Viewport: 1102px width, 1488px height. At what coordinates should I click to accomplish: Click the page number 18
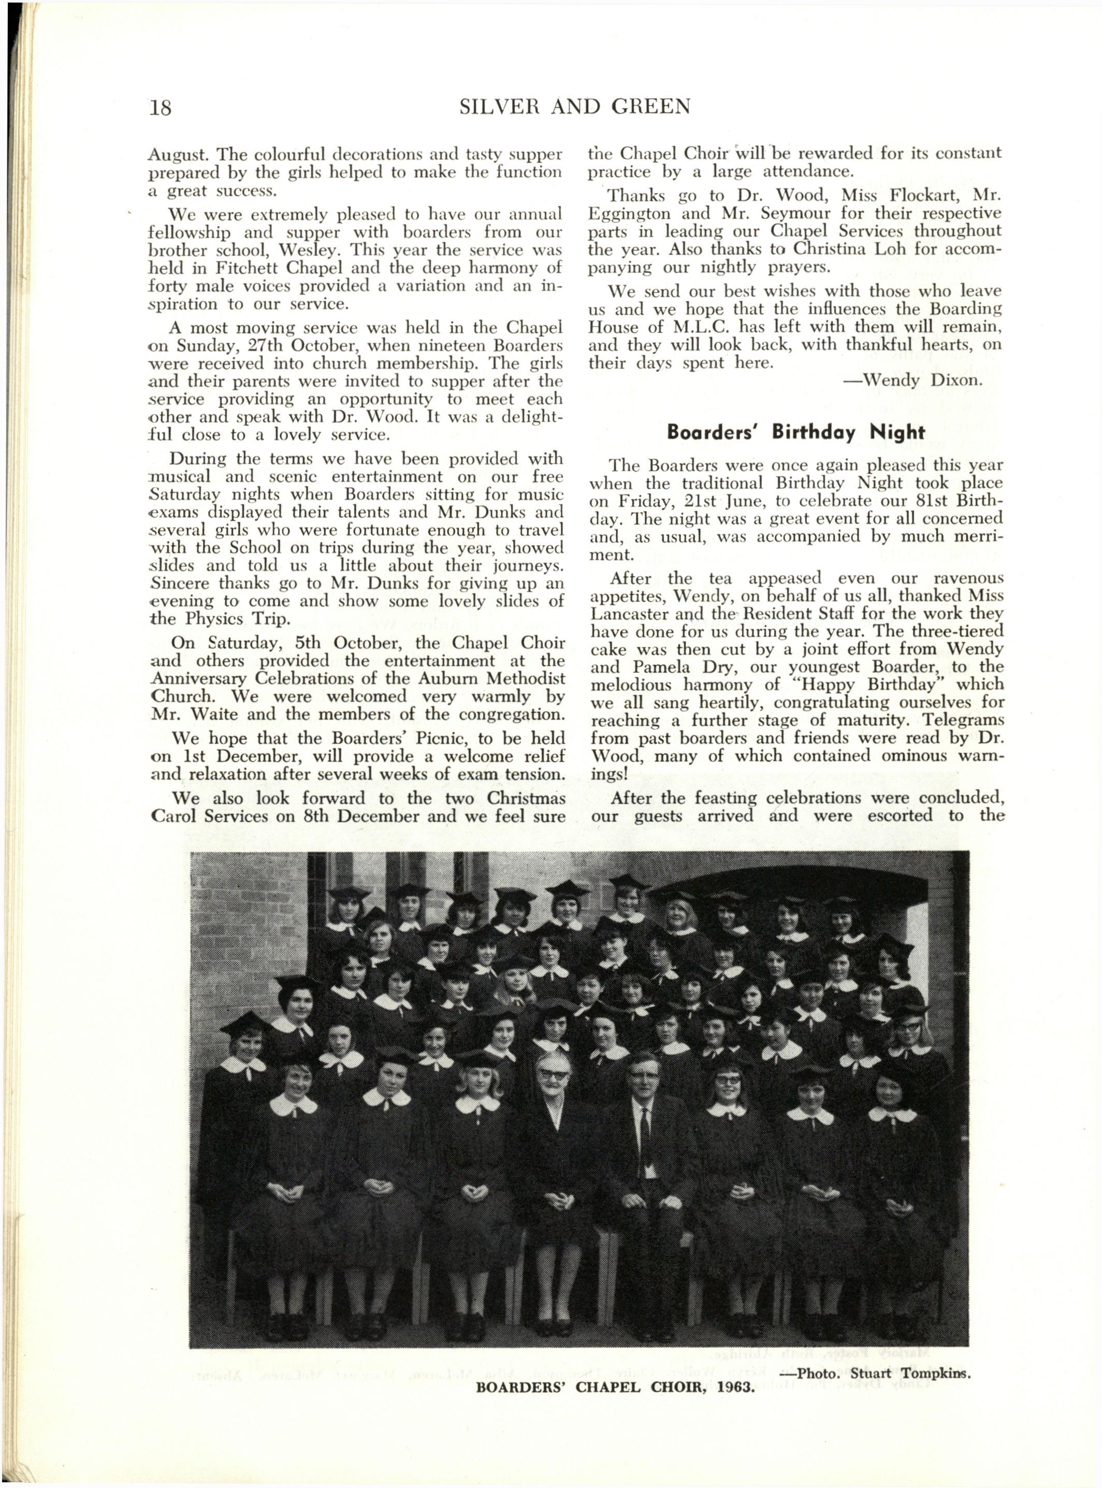click(x=160, y=107)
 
